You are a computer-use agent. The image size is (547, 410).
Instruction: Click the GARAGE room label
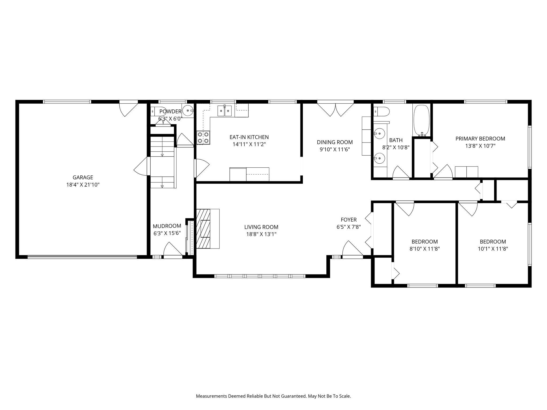tap(83, 178)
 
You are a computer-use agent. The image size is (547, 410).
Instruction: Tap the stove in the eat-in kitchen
tap(203, 138)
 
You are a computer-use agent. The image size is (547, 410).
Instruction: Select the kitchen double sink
tap(224, 111)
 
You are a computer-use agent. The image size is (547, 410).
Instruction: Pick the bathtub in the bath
tap(421, 120)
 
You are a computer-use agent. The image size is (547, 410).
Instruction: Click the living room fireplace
tap(208, 229)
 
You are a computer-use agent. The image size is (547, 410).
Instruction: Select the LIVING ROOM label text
tap(261, 227)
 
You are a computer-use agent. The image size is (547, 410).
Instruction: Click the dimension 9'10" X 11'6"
tap(335, 149)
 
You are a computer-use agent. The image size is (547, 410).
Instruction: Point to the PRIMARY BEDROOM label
tap(480, 139)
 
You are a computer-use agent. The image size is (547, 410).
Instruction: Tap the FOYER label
tap(349, 220)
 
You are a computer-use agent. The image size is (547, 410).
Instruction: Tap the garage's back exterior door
tap(128, 109)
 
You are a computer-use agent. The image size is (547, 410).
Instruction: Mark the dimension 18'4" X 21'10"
tap(83, 185)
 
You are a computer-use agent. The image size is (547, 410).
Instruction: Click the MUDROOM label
tap(167, 226)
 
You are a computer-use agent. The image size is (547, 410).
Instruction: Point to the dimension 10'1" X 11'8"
tap(493, 249)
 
